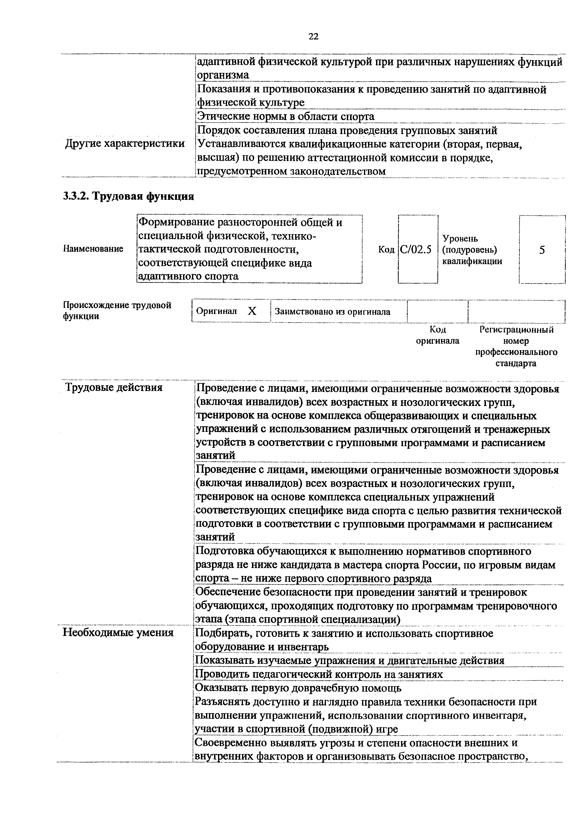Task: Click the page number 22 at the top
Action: click(x=313, y=37)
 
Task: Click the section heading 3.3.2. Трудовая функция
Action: click(x=128, y=196)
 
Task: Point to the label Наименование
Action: click(x=93, y=249)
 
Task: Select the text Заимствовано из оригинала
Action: click(x=332, y=312)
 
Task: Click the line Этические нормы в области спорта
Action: click(x=286, y=117)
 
